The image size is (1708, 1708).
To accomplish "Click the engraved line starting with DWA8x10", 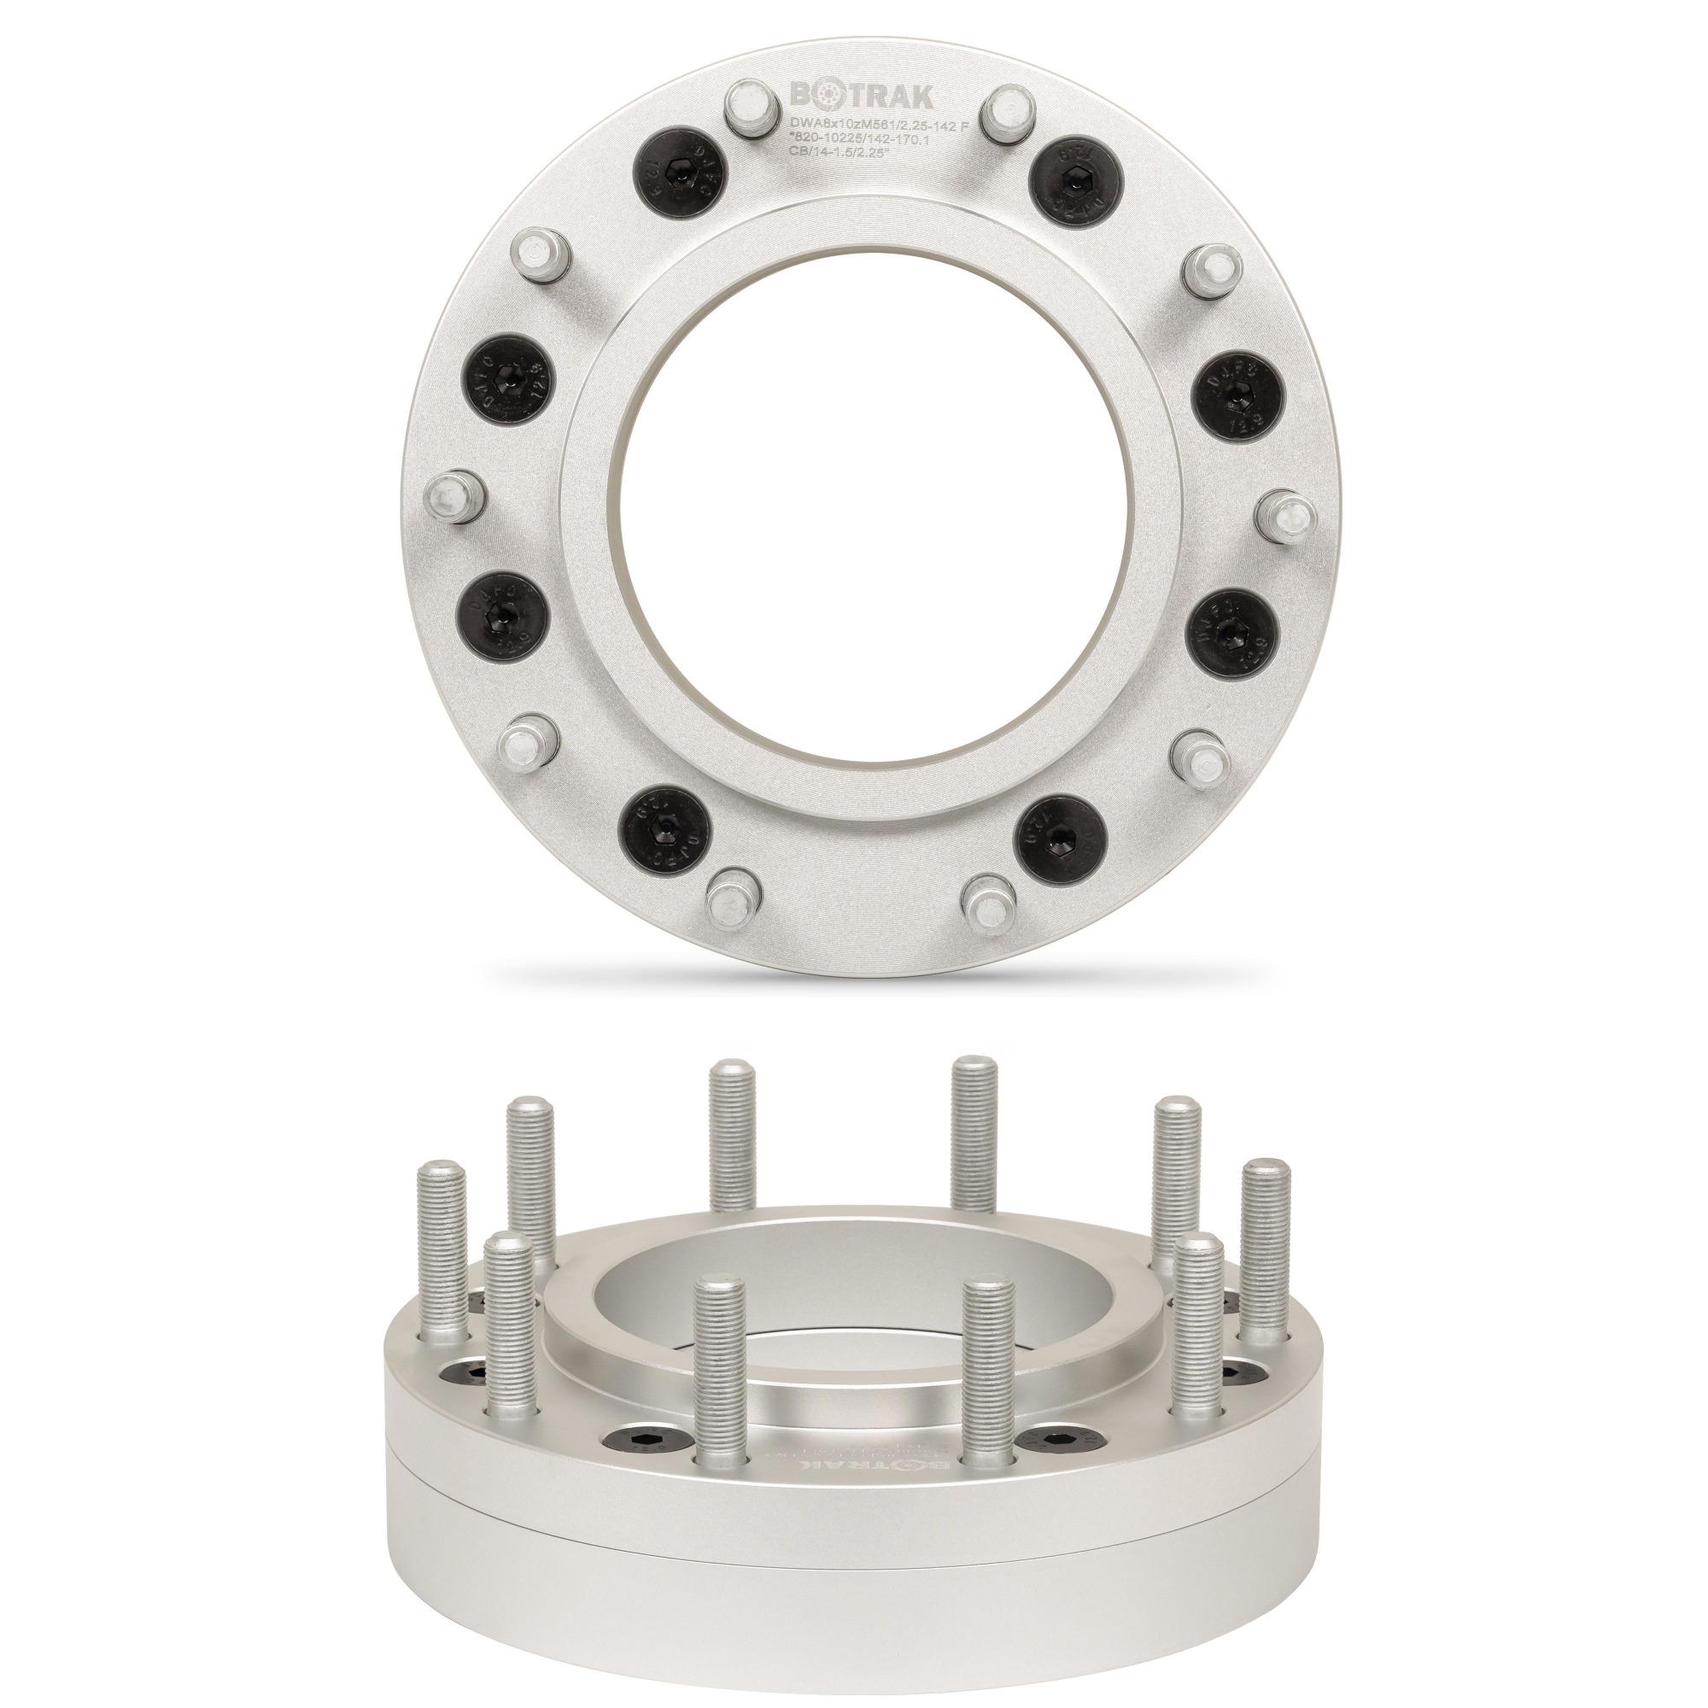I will point(877,126).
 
